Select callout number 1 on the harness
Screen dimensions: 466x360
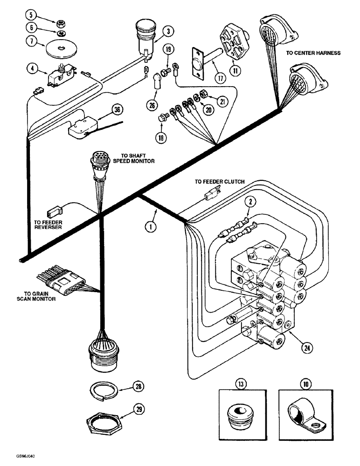tap(150, 227)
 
